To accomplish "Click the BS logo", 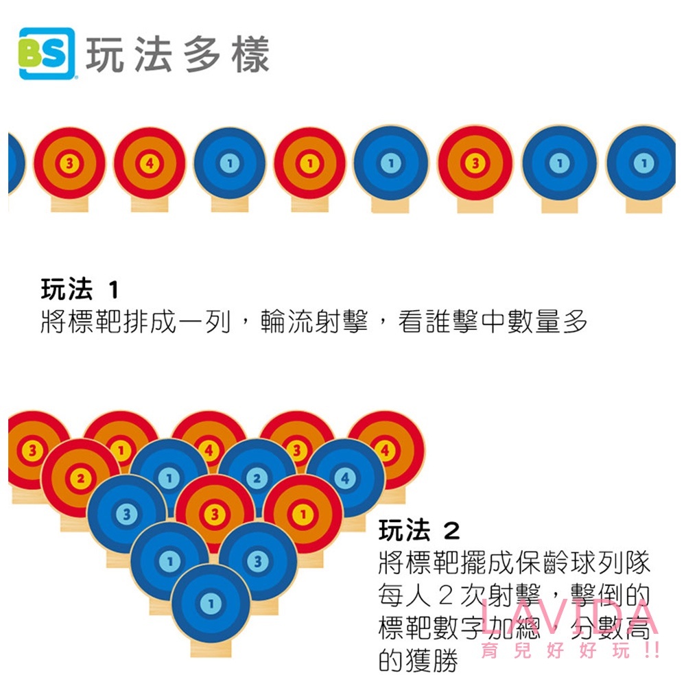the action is pyautogui.click(x=47, y=54).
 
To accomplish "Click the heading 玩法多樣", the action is pyautogui.click(x=177, y=55).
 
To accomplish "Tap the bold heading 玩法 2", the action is pyautogui.click(x=419, y=530).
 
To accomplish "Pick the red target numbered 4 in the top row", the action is pyautogui.click(x=150, y=163).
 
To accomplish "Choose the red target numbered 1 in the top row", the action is pyautogui.click(x=309, y=163).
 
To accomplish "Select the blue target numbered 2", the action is pyautogui.click(x=257, y=477).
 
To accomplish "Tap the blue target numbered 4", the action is pyautogui.click(x=345, y=477).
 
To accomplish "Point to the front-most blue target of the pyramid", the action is pyautogui.click(x=211, y=603).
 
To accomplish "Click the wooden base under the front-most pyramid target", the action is pyautogui.click(x=211, y=648).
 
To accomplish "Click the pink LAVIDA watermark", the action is pyautogui.click(x=569, y=618).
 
